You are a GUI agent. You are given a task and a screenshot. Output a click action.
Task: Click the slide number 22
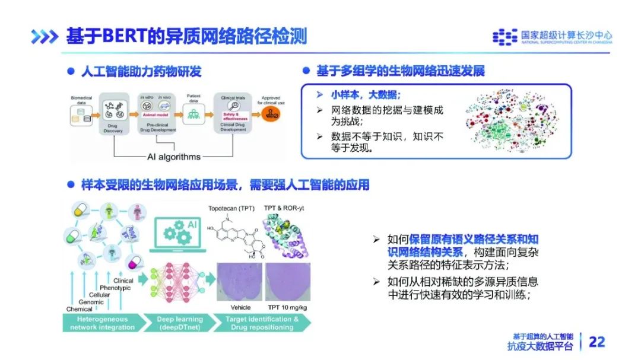[596, 342]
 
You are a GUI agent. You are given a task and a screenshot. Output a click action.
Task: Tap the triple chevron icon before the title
[45, 37]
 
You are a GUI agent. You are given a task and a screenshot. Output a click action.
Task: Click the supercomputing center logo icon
[504, 37]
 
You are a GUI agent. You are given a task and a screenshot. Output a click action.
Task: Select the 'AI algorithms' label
[173, 157]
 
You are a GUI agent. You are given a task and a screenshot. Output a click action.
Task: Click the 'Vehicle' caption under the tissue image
[240, 307]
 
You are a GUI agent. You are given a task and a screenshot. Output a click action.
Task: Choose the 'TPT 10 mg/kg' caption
[287, 307]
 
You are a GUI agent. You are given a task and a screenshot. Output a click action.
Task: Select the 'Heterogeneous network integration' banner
[102, 323]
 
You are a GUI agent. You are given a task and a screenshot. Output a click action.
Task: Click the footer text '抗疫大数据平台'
[541, 346]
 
